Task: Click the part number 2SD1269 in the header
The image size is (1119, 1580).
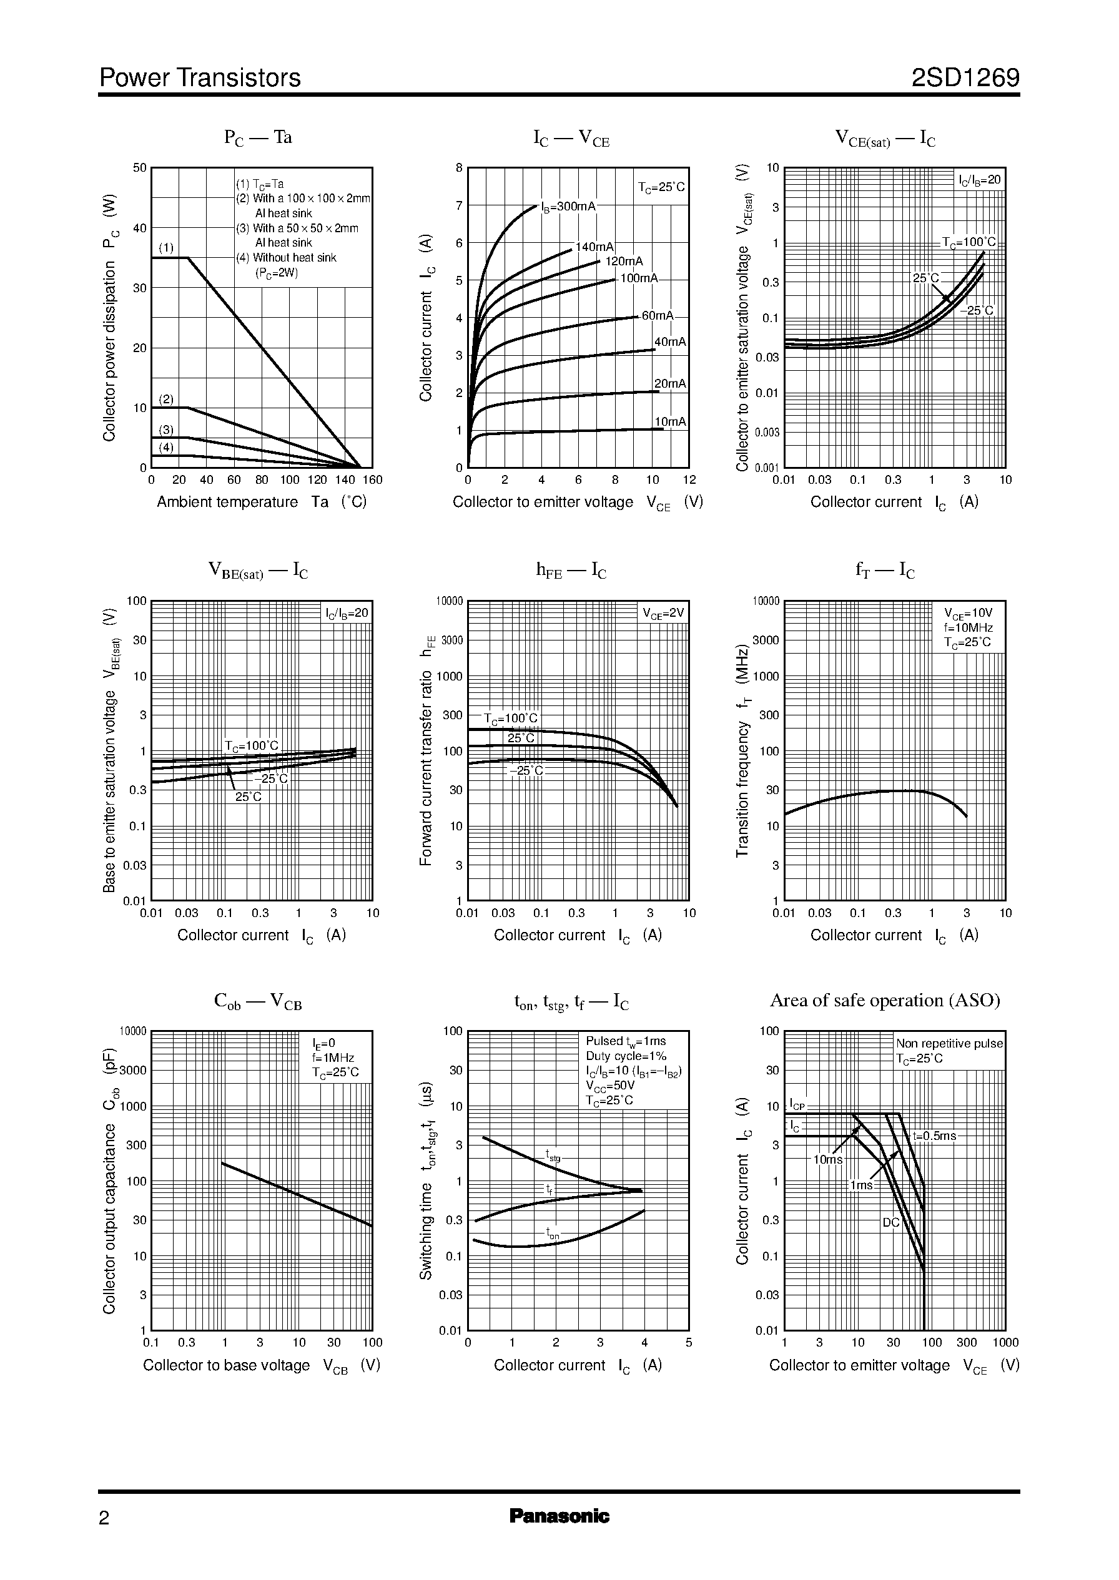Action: click(965, 78)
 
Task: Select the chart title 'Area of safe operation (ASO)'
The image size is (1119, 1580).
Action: click(885, 1001)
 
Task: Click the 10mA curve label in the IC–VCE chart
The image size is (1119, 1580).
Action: click(670, 421)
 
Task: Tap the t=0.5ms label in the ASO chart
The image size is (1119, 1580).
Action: click(934, 1136)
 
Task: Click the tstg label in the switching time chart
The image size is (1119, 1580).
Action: click(553, 1155)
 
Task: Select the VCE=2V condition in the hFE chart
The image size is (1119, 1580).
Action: click(663, 613)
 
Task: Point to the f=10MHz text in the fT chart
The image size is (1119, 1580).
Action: click(968, 627)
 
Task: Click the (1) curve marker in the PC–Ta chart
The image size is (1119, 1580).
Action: click(166, 248)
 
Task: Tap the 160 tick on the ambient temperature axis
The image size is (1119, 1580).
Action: click(372, 480)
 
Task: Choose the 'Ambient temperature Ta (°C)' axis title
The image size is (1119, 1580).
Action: click(262, 502)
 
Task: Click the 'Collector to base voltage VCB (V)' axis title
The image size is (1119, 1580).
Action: click(262, 1366)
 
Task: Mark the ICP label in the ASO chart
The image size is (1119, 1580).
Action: click(797, 1106)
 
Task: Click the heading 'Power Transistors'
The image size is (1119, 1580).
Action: click(200, 78)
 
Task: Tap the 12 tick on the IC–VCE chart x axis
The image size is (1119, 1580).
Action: click(689, 480)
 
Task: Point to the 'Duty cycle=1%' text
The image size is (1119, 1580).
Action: click(626, 1056)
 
